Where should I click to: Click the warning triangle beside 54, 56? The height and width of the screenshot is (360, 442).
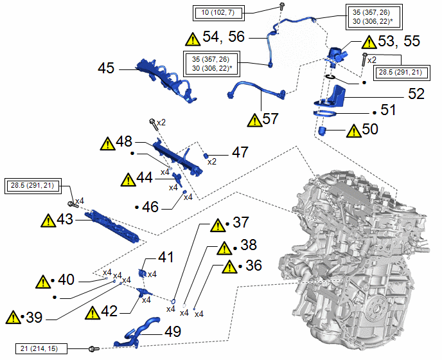(x=193, y=38)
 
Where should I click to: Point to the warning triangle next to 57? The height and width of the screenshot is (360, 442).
(x=257, y=119)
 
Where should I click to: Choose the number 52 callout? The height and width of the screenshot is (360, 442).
(x=416, y=93)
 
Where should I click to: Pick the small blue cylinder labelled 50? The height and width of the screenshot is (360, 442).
(x=324, y=132)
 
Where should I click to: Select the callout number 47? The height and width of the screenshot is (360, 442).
(x=240, y=153)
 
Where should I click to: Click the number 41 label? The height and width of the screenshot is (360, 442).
(x=166, y=258)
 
